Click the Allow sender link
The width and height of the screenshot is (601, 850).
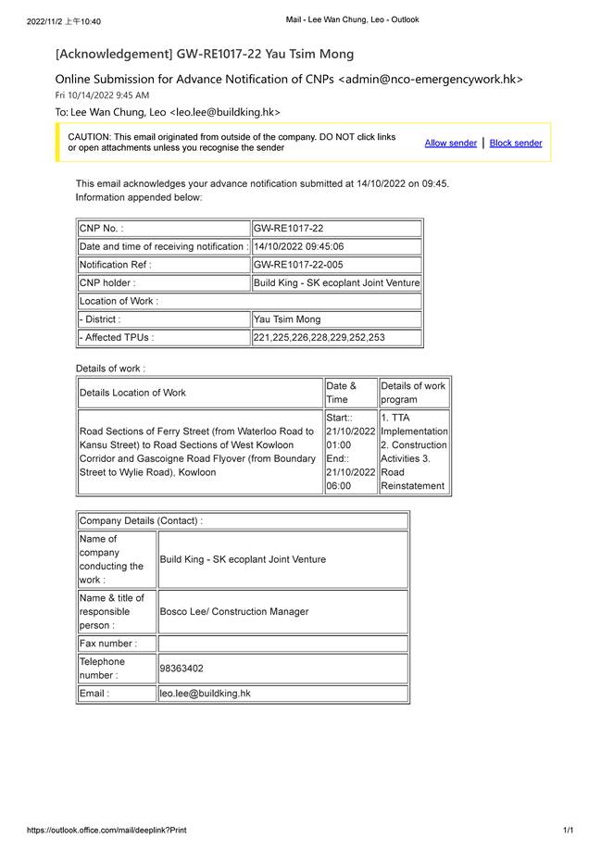click(x=450, y=143)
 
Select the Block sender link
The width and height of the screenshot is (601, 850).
click(x=516, y=143)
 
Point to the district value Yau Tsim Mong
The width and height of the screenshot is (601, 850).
click(x=287, y=319)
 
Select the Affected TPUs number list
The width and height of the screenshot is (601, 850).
click(x=319, y=338)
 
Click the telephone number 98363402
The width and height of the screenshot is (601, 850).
click(x=182, y=668)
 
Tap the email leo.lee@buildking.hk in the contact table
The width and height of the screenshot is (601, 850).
click(x=206, y=694)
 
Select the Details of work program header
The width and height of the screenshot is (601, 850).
click(x=413, y=393)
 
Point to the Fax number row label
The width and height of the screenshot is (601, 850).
click(x=108, y=644)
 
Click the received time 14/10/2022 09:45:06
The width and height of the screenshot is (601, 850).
click(x=298, y=246)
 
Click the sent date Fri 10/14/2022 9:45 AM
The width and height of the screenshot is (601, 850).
click(x=102, y=95)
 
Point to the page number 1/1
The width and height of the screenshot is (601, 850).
click(x=568, y=831)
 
